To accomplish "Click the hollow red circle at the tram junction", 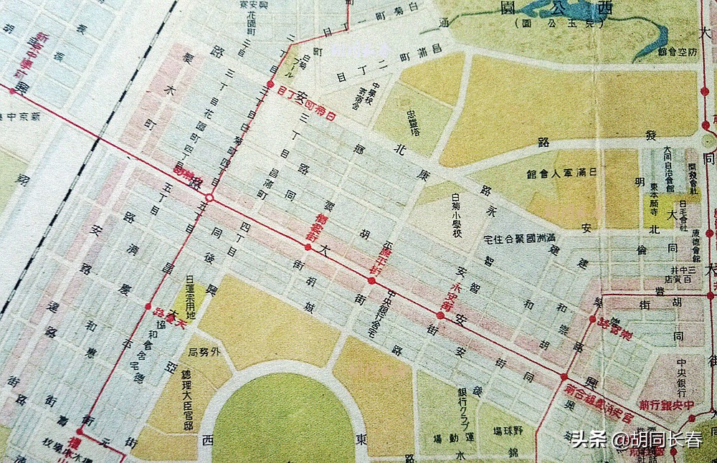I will (209, 198).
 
